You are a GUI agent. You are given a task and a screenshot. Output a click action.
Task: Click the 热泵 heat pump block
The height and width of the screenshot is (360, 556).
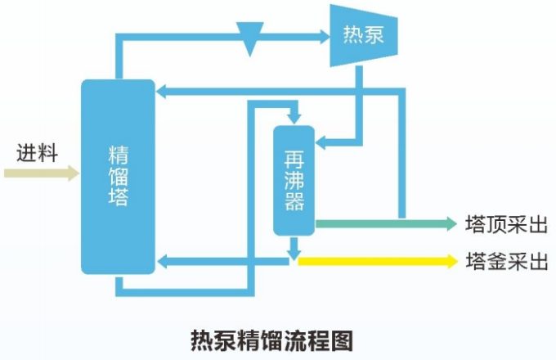(x=363, y=35)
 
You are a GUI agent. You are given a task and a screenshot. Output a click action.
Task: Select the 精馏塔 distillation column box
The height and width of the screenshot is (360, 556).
(x=118, y=176)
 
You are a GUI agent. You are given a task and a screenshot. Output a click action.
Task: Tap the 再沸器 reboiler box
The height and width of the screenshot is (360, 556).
(x=294, y=179)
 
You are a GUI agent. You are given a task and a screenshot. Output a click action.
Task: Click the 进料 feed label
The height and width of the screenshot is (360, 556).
(x=37, y=153)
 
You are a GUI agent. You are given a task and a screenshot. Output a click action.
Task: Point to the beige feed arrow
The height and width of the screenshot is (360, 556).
(x=41, y=173)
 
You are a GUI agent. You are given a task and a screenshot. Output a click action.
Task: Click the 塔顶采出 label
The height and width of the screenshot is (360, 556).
(x=505, y=223)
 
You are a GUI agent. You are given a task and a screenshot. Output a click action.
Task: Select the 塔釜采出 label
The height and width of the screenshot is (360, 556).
(x=505, y=262)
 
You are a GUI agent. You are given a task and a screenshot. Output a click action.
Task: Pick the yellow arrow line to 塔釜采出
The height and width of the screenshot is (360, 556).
(x=376, y=261)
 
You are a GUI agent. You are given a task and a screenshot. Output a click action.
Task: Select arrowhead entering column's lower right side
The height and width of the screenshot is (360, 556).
(x=162, y=262)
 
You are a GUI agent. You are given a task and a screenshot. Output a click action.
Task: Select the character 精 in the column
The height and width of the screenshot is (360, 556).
(x=118, y=153)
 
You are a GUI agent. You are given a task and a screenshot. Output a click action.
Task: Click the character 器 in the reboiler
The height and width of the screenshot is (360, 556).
(x=294, y=202)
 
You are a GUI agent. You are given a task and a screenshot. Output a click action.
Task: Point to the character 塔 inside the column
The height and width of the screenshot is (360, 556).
(x=118, y=197)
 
